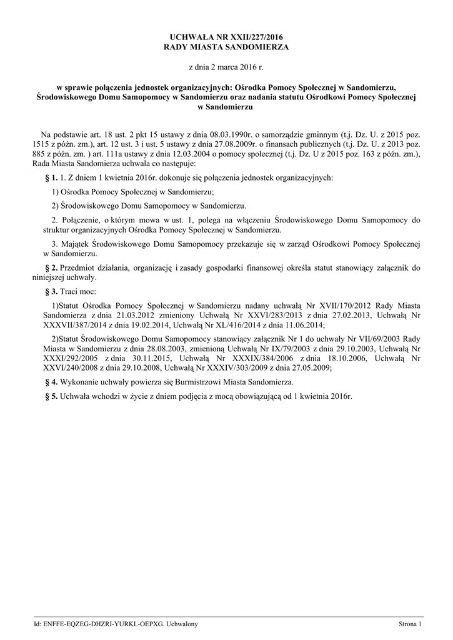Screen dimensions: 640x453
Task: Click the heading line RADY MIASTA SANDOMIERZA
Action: click(226, 47)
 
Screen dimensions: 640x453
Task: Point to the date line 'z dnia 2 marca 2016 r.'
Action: click(226, 66)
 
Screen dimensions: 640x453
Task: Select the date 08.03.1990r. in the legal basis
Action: click(211, 134)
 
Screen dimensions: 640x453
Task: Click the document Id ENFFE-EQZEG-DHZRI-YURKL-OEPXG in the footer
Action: click(101, 624)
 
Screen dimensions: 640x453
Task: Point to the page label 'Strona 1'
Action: click(411, 624)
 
